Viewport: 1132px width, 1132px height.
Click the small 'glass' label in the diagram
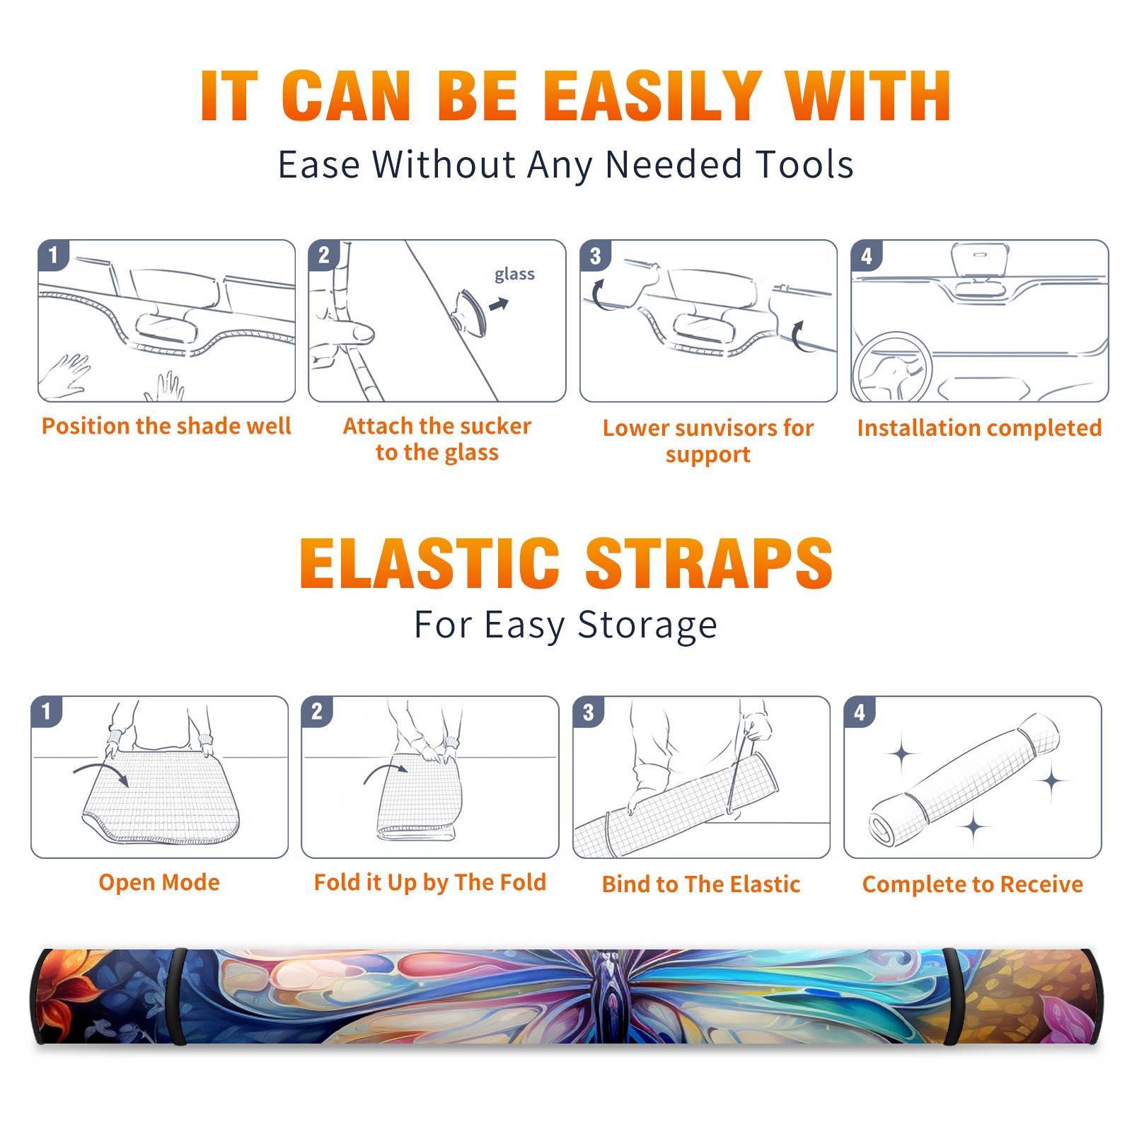click(x=514, y=274)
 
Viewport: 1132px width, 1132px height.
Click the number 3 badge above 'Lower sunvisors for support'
click(x=595, y=256)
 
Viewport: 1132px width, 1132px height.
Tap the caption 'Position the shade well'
click(x=166, y=426)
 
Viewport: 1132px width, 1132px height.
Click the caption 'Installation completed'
click(x=979, y=428)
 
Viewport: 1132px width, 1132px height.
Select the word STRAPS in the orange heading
click(x=709, y=563)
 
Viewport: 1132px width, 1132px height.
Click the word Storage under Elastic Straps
click(x=647, y=625)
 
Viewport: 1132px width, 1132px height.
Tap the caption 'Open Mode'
click(x=159, y=882)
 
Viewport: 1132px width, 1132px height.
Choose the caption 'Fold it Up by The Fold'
click(x=430, y=882)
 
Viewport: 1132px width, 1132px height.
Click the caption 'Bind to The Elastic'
click(x=701, y=884)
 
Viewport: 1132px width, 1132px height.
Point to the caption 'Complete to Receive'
click(x=973, y=884)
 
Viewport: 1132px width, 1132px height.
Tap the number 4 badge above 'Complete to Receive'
click(x=860, y=712)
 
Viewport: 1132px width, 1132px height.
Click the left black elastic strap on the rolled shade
click(x=179, y=996)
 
